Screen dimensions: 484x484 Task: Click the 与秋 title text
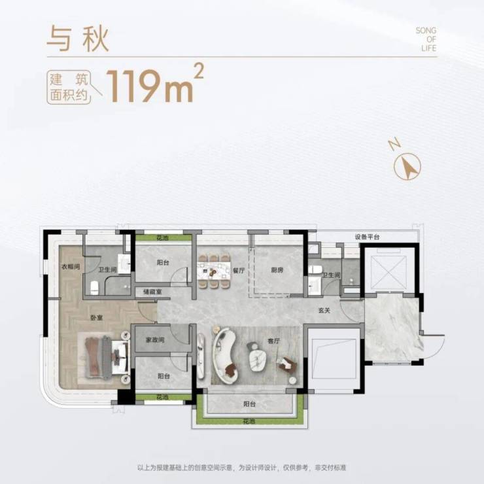pos(78,39)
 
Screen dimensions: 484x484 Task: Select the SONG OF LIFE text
pos(426,39)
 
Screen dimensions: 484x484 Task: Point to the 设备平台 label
pos(367,237)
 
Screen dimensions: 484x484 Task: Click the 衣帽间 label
pos(71,266)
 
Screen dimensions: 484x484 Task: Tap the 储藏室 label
pos(152,292)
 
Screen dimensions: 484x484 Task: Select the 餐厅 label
pos(239,270)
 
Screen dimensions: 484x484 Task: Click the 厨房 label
pos(277,270)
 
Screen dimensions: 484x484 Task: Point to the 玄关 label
pos(324,311)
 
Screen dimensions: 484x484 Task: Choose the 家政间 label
pos(155,340)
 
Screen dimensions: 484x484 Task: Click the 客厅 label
pos(273,341)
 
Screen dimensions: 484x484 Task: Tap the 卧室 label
pos(97,318)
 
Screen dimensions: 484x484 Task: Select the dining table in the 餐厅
pos(215,270)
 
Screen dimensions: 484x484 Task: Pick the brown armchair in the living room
pos(288,364)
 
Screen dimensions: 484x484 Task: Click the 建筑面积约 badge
pos(69,88)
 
